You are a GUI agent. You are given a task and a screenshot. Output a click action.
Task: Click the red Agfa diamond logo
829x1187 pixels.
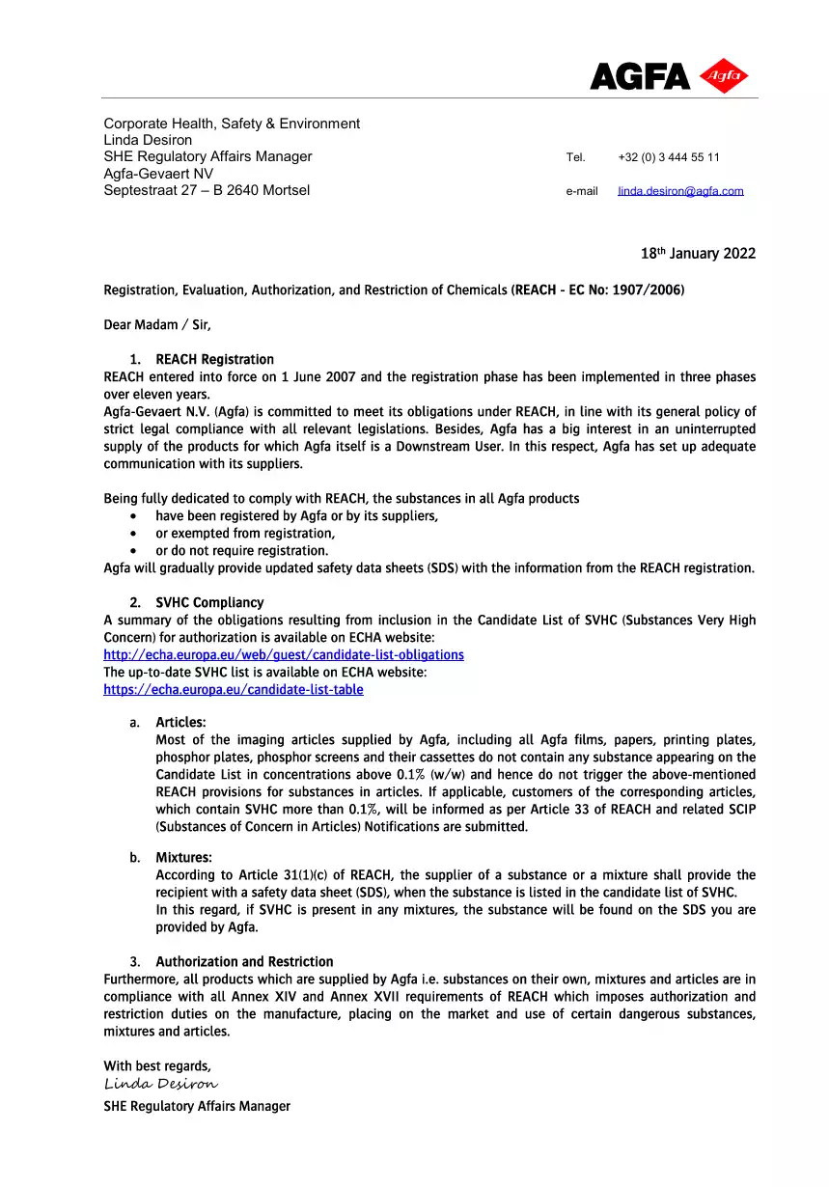(x=724, y=76)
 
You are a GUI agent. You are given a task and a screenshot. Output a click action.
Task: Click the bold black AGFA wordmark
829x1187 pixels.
(x=640, y=77)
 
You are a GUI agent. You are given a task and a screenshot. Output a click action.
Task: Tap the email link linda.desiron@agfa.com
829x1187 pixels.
(x=680, y=191)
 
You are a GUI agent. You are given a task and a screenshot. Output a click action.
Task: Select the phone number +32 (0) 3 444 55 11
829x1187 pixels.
(x=668, y=157)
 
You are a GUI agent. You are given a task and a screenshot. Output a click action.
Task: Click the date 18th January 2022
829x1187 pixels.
(x=698, y=254)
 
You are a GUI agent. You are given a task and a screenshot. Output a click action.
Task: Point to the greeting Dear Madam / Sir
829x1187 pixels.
(x=157, y=325)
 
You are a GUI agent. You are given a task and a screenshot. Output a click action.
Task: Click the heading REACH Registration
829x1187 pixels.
(x=214, y=360)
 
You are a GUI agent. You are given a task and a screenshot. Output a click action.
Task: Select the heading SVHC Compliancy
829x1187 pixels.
(x=209, y=603)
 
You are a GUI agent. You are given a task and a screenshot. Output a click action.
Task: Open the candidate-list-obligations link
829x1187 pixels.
(x=284, y=655)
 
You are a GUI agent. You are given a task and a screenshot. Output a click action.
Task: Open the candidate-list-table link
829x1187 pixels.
(x=234, y=690)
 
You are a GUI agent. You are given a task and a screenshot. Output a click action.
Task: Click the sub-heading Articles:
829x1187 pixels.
(x=180, y=723)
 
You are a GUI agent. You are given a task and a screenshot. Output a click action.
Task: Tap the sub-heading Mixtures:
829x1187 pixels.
(x=183, y=858)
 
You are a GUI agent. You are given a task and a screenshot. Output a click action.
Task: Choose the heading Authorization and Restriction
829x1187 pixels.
(x=244, y=962)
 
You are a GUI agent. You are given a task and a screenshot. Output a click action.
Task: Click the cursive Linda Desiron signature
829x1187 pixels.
(x=160, y=1085)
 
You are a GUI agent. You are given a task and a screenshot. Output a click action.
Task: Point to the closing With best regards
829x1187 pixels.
(x=157, y=1066)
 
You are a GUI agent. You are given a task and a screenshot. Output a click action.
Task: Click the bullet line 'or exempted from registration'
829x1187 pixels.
(x=245, y=534)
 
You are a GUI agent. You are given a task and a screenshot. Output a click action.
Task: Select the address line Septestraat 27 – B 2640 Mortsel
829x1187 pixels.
(x=207, y=190)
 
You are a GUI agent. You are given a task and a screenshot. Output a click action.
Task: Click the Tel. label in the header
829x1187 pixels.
(x=576, y=157)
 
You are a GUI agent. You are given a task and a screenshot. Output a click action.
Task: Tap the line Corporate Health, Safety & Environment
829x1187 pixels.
(x=232, y=124)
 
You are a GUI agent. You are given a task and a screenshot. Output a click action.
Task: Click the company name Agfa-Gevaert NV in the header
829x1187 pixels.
(x=158, y=174)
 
